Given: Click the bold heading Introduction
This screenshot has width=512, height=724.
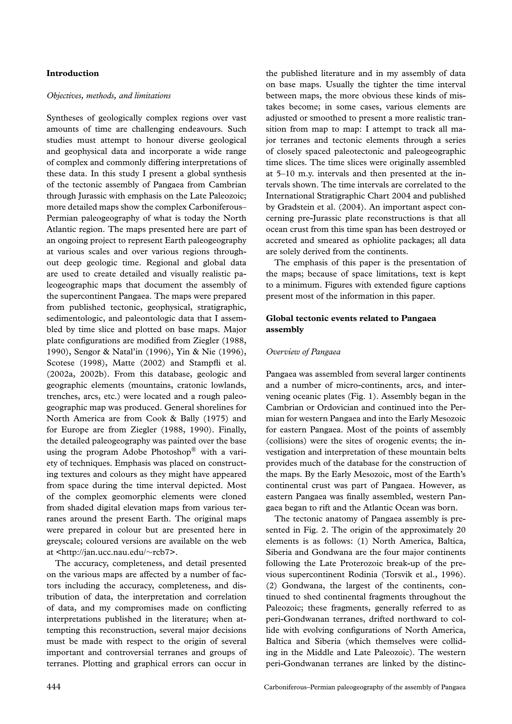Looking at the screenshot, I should (72, 73).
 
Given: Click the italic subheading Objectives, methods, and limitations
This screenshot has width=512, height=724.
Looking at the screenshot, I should (108, 96).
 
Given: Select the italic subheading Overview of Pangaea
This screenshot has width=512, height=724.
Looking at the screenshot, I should (303, 352).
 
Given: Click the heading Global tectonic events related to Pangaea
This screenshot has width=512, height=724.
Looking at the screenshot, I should (351, 319).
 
